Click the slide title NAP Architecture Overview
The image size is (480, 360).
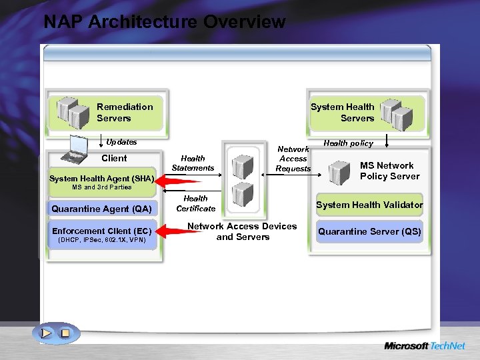(x=164, y=22)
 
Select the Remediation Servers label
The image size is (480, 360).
(x=124, y=113)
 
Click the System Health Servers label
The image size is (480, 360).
(x=343, y=113)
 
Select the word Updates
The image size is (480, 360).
(x=121, y=142)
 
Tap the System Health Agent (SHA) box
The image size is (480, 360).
(x=101, y=179)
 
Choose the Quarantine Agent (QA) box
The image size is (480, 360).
(x=101, y=209)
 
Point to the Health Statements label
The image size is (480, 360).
(x=193, y=163)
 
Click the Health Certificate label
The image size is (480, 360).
(x=195, y=203)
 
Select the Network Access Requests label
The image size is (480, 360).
(x=293, y=159)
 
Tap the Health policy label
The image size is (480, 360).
(x=348, y=143)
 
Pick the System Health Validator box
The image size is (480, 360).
(x=369, y=205)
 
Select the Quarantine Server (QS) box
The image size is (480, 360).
(x=369, y=232)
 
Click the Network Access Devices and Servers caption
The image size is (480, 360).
(x=242, y=231)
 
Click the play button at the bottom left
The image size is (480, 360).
(x=46, y=332)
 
